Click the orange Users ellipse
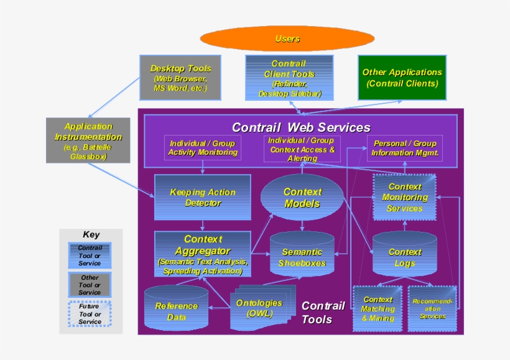click(287, 39)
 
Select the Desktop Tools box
click(180, 78)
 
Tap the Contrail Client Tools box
click(289, 78)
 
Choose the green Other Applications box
click(402, 78)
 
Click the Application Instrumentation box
click(88, 141)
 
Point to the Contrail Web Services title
click(301, 127)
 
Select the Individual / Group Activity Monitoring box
click(203, 148)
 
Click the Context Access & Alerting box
click(302, 149)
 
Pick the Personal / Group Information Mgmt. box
click(405, 148)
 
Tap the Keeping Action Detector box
click(203, 197)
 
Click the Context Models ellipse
click(302, 198)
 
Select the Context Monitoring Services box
click(404, 197)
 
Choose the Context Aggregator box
click(203, 254)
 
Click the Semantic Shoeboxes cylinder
click(302, 257)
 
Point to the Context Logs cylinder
click(405, 257)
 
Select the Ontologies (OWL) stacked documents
click(260, 309)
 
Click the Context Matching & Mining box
click(378, 308)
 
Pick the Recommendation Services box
click(432, 308)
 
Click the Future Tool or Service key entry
click(90, 313)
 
